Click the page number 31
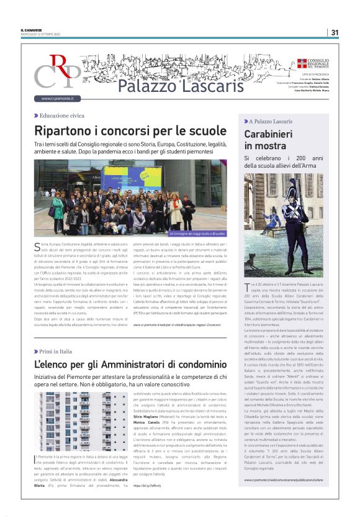click(335, 32)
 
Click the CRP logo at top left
click(57, 71)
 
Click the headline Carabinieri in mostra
click(269, 140)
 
